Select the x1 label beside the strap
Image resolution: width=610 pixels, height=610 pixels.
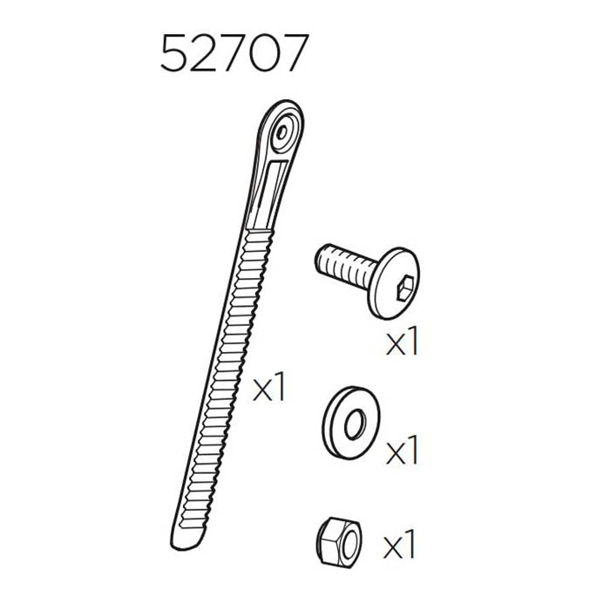pos(269,389)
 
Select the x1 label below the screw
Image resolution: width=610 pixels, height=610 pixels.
pos(402,342)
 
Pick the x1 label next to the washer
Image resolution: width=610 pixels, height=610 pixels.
pos(402,452)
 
